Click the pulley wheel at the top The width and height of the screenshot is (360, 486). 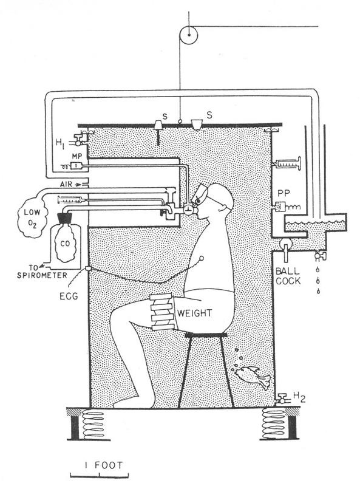[188, 35]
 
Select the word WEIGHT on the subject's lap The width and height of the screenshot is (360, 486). [194, 313]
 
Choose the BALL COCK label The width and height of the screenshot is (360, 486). [288, 276]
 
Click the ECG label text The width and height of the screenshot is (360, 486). [69, 296]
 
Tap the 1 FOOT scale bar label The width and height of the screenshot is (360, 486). [103, 465]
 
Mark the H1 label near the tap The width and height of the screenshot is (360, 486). [61, 143]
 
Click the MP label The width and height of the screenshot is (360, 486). [76, 156]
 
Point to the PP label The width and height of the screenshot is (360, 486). [284, 193]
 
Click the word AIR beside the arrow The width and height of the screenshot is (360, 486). [66, 184]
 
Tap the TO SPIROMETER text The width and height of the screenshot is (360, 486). [42, 271]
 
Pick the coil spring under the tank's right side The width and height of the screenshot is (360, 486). [274, 423]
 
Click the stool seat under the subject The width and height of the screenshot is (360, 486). [206, 335]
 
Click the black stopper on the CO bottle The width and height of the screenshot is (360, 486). [66, 219]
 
